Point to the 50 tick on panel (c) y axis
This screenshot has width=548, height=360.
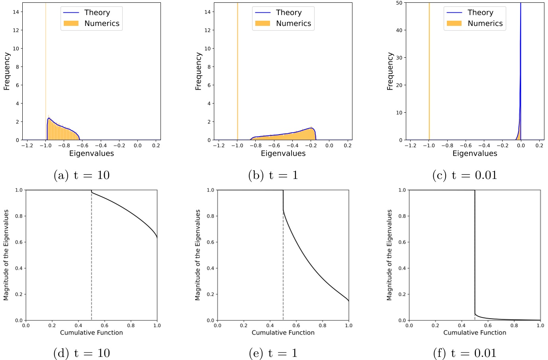pos(399,3)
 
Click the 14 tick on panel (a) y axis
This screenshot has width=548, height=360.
pos(16,12)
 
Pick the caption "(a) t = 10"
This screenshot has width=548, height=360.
pos(82,175)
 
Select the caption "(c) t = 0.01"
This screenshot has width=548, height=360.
pos(465,175)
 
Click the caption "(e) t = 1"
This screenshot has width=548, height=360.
pos(273,353)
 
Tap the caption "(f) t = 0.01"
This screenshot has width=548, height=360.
pos(465,353)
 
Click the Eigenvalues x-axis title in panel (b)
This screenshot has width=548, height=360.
pos(283,154)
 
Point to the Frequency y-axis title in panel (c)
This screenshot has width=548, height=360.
pos(390,71)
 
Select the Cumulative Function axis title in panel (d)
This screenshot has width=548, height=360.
pos(91,333)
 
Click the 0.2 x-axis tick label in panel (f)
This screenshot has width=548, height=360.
pos(435,326)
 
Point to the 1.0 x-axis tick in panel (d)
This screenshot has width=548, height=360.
pos(157,326)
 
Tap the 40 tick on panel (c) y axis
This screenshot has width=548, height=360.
pos(399,30)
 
